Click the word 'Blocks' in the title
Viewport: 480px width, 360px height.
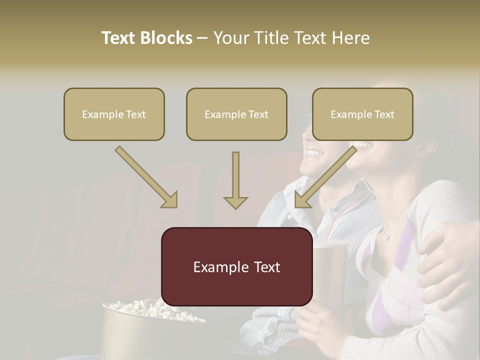[167, 38]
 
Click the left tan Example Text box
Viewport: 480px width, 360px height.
[114, 114]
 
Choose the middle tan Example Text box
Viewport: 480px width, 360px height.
[236, 114]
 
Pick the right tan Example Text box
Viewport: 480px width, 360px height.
[362, 114]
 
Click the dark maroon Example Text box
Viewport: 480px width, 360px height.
[236, 266]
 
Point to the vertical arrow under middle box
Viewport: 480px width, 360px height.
[235, 180]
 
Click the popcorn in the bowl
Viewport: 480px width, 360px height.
[150, 310]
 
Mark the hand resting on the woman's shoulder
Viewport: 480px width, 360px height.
[445, 260]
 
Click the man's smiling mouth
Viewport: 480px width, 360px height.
[313, 151]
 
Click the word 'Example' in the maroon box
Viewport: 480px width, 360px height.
[216, 267]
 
